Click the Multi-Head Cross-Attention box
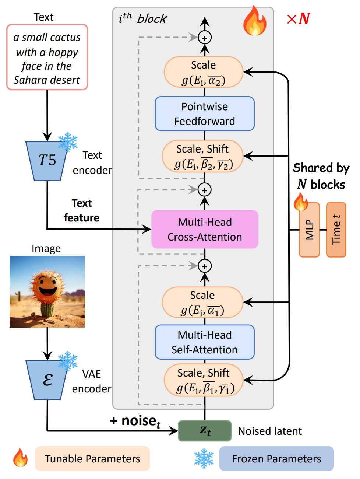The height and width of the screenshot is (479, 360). [x=205, y=229]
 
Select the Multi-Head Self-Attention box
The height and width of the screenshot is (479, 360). [x=205, y=342]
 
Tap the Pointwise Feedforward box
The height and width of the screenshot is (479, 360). [x=205, y=113]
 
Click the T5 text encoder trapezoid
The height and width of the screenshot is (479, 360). [x=47, y=161]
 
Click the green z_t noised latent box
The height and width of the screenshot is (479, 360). [x=205, y=431]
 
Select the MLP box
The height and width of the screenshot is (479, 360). [x=309, y=230]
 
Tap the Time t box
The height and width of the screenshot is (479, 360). [x=336, y=230]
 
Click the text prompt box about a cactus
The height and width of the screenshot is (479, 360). [x=47, y=57]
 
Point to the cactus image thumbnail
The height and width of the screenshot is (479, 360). [x=47, y=291]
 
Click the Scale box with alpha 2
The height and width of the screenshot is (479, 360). [x=204, y=72]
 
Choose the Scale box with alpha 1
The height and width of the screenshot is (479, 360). [x=203, y=302]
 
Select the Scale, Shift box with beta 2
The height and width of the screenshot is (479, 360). [x=203, y=156]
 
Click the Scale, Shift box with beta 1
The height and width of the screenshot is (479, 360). [x=204, y=380]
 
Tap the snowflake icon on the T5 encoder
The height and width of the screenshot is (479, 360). [x=68, y=142]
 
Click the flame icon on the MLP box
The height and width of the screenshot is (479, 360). [x=300, y=202]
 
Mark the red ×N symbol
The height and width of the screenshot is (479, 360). [x=299, y=18]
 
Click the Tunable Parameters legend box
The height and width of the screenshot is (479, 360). [x=92, y=459]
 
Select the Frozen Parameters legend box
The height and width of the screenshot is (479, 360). [x=276, y=459]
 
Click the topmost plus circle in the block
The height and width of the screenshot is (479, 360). [x=205, y=38]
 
